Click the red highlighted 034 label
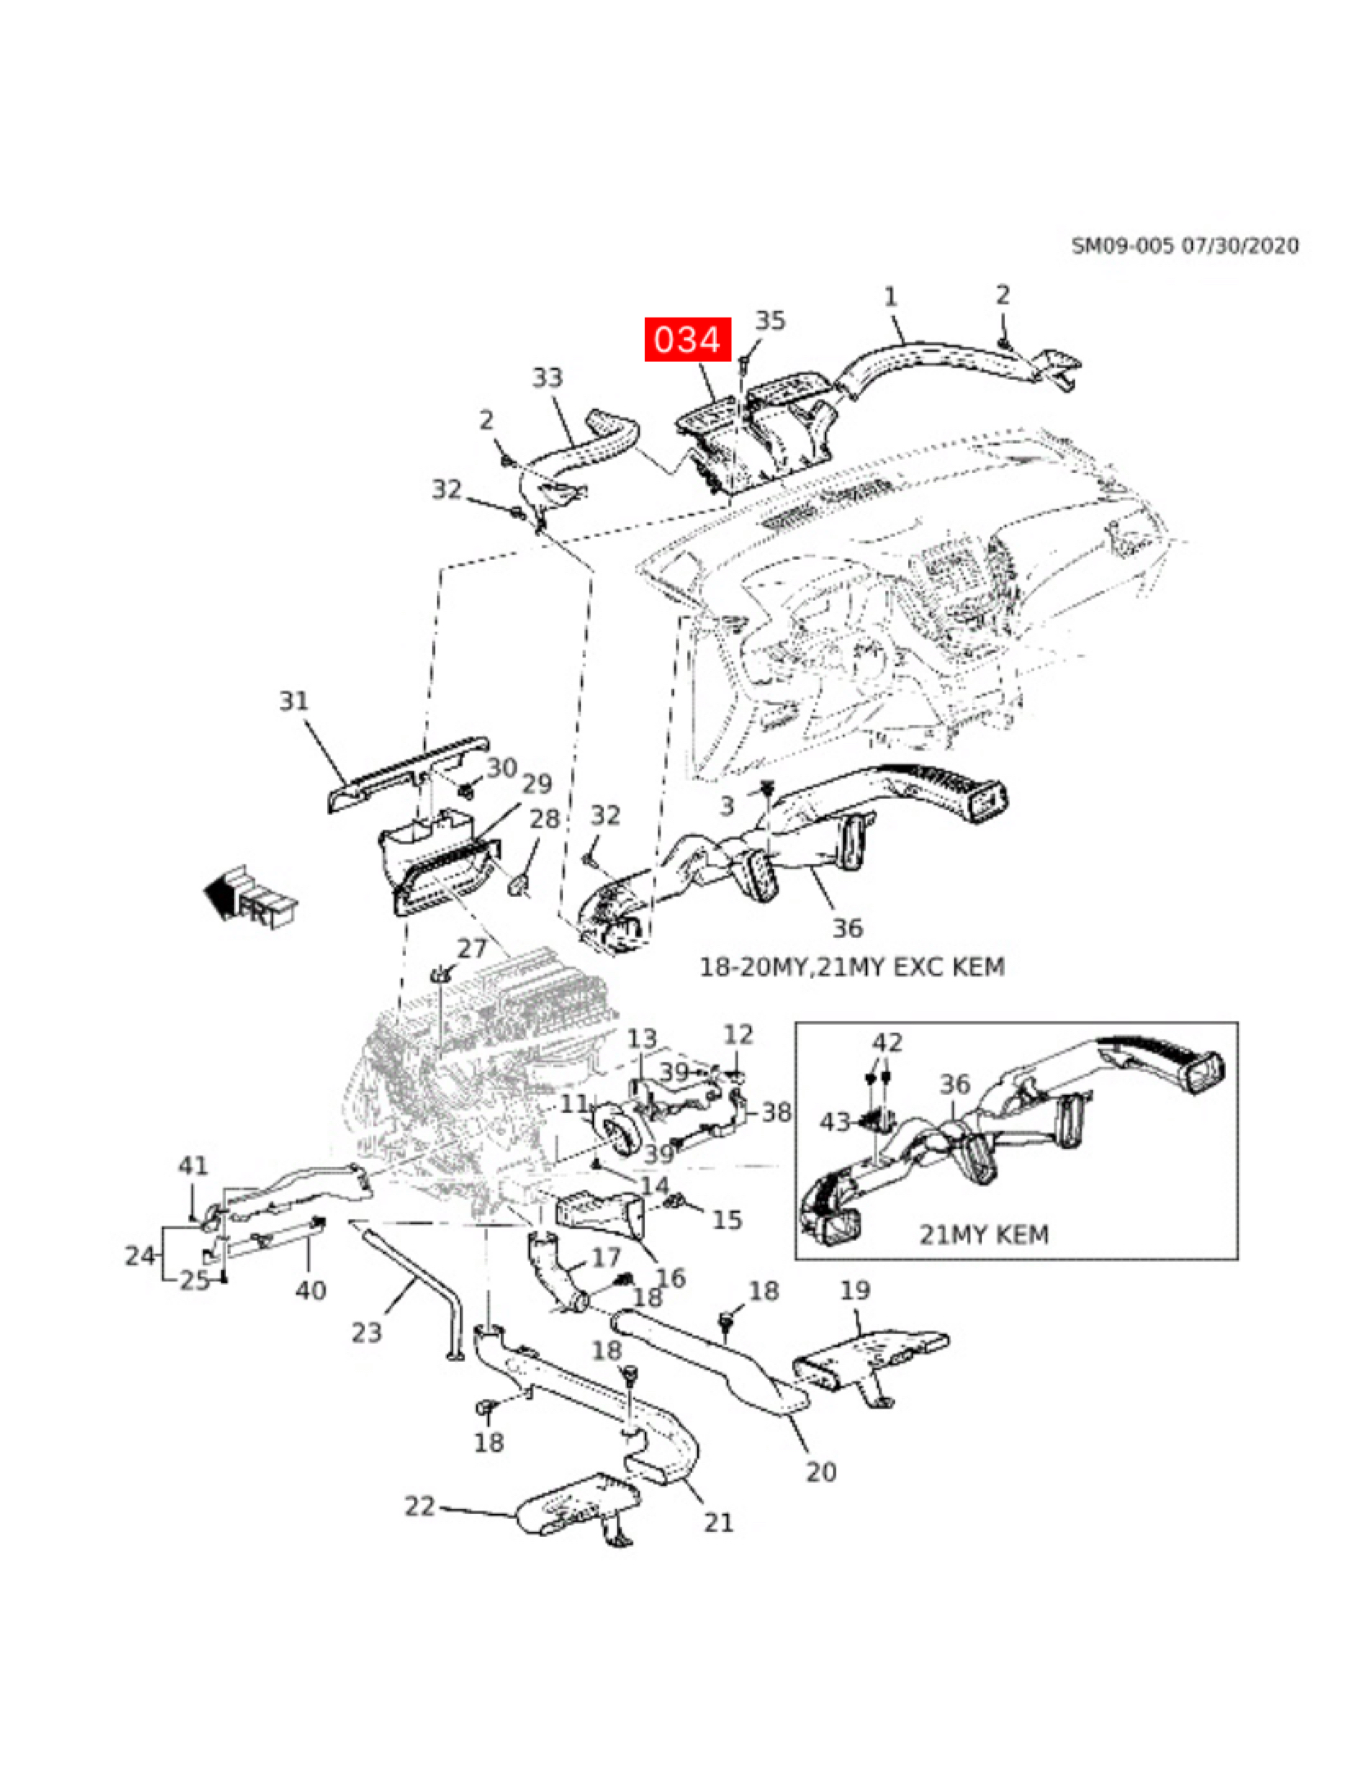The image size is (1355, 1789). pos(687,339)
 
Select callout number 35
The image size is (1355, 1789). pos(769,321)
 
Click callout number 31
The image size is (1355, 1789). pos(295,701)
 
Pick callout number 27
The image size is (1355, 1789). pos(472,949)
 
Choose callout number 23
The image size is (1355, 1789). pos(367,1333)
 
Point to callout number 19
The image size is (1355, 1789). pos(855,1291)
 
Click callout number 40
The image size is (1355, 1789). pos(310,1291)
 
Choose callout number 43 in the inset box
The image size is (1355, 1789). pos(835,1122)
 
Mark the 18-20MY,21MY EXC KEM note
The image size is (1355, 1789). pos(851,967)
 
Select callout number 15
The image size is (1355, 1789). pos(727,1220)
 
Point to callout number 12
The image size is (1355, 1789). pos(738,1035)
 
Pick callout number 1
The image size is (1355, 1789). pos(891,295)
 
